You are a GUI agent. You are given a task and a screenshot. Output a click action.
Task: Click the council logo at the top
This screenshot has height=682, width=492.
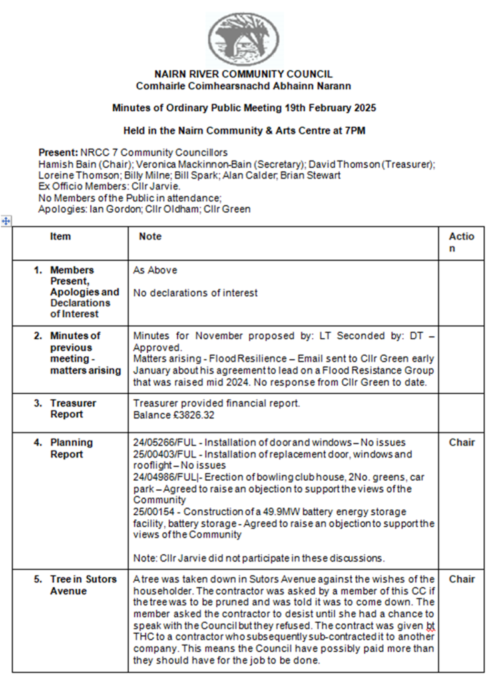(x=242, y=39)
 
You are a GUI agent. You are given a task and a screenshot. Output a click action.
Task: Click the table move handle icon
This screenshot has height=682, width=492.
(x=6, y=221)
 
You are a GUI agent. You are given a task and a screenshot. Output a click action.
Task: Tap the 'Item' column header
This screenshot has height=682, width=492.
(x=60, y=237)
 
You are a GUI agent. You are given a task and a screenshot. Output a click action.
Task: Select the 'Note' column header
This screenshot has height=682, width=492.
(x=150, y=237)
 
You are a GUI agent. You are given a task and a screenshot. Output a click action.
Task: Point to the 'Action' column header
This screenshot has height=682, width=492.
(x=461, y=243)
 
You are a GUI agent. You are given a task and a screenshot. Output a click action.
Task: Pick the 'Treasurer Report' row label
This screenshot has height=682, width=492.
(x=73, y=409)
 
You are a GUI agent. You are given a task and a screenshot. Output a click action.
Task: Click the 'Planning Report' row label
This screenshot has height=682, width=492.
(x=71, y=448)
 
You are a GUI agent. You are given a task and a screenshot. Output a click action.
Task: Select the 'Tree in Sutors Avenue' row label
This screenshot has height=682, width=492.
(x=83, y=585)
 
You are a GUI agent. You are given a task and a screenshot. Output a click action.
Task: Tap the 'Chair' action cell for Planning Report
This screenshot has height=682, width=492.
(x=461, y=443)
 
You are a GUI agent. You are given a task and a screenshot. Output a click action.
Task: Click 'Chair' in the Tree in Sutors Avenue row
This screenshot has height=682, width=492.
(x=461, y=579)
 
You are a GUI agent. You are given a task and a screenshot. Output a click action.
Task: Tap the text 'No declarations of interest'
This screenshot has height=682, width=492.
(x=195, y=293)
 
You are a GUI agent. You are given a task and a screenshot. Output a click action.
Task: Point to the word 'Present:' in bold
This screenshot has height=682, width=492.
(x=58, y=152)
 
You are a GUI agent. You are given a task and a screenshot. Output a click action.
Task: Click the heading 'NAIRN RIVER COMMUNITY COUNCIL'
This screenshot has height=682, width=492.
(x=243, y=75)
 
